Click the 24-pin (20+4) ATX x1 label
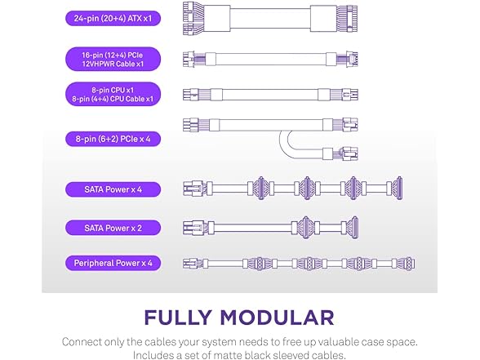point(113,18)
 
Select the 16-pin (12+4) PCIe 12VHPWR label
point(113,59)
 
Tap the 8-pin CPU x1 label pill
point(113,95)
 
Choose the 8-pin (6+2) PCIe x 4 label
point(113,139)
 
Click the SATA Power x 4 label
point(113,189)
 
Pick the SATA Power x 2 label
point(113,228)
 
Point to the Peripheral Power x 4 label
point(113,263)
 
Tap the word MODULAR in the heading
point(277,318)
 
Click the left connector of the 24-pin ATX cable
point(193,18)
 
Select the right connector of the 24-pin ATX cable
point(347,18)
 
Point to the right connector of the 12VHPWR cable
point(352,59)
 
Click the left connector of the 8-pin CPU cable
point(190,95)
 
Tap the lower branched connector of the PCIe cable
point(350,154)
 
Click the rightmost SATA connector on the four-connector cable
point(399,189)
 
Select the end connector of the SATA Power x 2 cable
point(354,228)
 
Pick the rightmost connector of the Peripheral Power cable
point(409,264)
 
